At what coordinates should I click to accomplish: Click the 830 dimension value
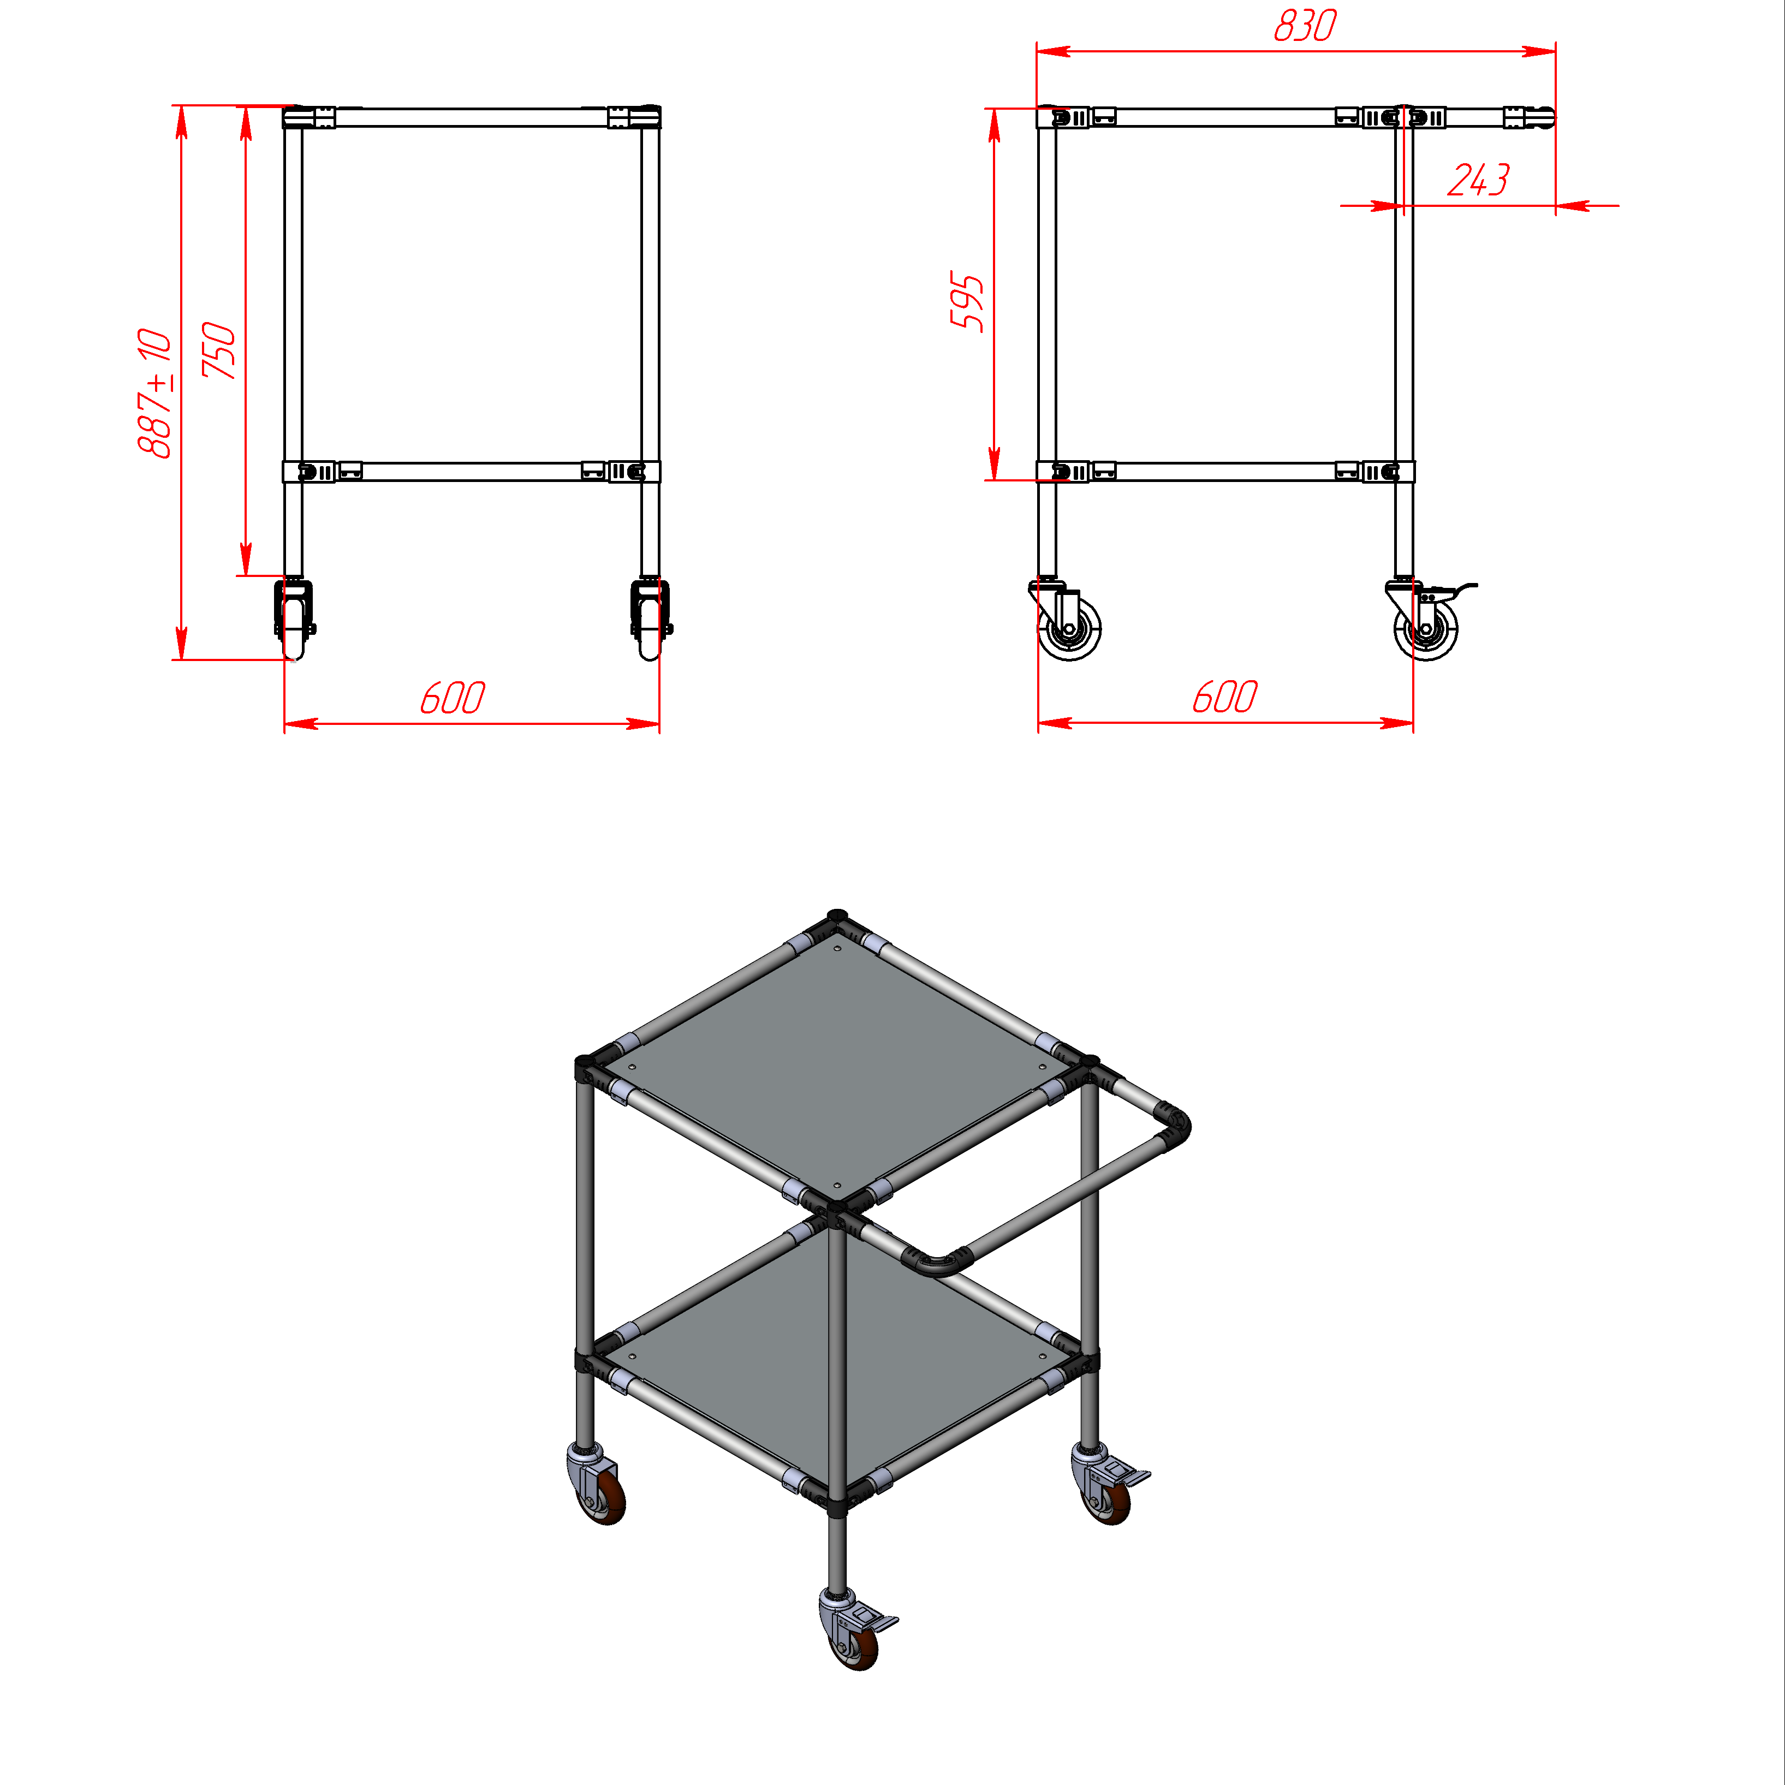pyautogui.click(x=1305, y=26)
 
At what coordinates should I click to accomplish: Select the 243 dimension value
pyautogui.click(x=1478, y=180)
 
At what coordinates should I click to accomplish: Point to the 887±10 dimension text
pyautogui.click(x=154, y=392)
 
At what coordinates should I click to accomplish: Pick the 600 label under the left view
pyautogui.click(x=453, y=698)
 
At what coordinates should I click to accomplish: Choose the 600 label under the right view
pyautogui.click(x=1225, y=698)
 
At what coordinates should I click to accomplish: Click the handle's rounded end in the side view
pyautogui.click(x=1545, y=117)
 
